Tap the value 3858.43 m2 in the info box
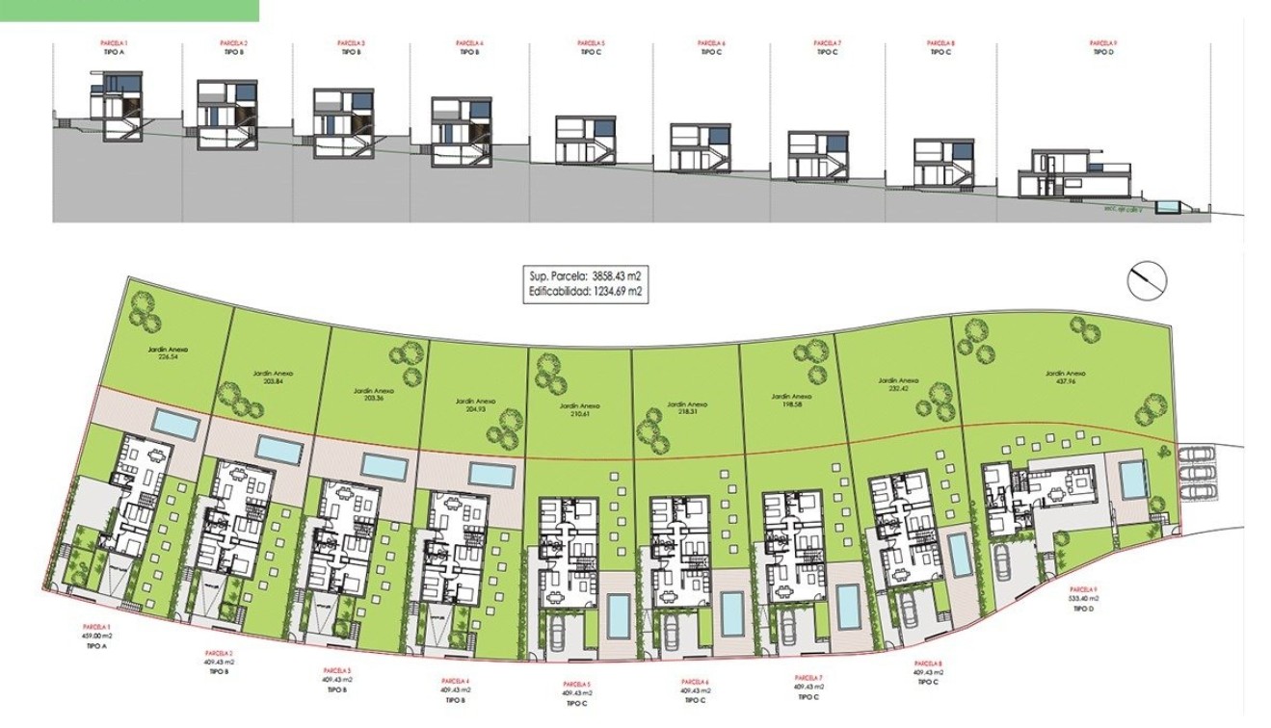(609, 276)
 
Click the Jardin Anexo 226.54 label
(174, 352)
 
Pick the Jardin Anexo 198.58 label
(790, 397)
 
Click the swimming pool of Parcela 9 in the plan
(1132, 479)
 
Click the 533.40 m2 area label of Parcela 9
(1083, 597)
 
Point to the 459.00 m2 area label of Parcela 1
(96, 636)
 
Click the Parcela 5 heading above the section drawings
(591, 43)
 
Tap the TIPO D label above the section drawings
(1102, 52)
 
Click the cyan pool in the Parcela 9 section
(1169, 207)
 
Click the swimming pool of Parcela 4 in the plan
(493, 474)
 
